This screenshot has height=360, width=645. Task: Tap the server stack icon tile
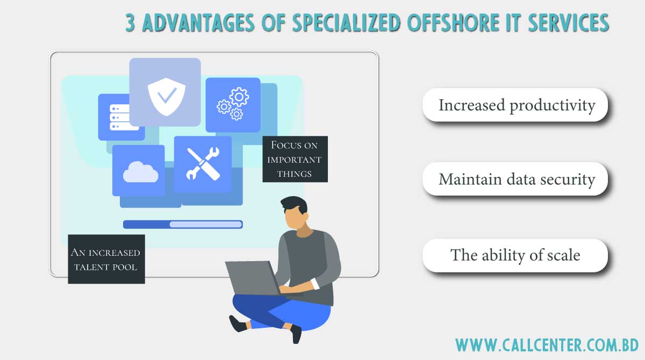pyautogui.click(x=121, y=117)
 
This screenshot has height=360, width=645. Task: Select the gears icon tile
pyautogui.click(x=232, y=105)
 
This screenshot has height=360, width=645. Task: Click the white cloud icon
pyautogui.click(x=140, y=171)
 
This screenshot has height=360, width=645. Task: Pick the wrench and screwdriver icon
pyautogui.click(x=203, y=163)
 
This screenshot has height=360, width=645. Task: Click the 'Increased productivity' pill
pyautogui.click(x=515, y=105)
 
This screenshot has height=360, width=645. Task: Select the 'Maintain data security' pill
pyautogui.click(x=515, y=179)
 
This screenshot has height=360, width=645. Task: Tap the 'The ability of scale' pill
pyautogui.click(x=515, y=255)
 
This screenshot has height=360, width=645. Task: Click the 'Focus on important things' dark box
pyautogui.click(x=295, y=159)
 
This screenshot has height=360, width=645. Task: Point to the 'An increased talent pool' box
pyautogui.click(x=106, y=259)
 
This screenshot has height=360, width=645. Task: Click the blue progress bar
pyautogui.click(x=183, y=224)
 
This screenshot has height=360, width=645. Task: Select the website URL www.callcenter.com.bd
pyautogui.click(x=547, y=344)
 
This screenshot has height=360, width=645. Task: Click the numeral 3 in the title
pyautogui.click(x=130, y=23)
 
